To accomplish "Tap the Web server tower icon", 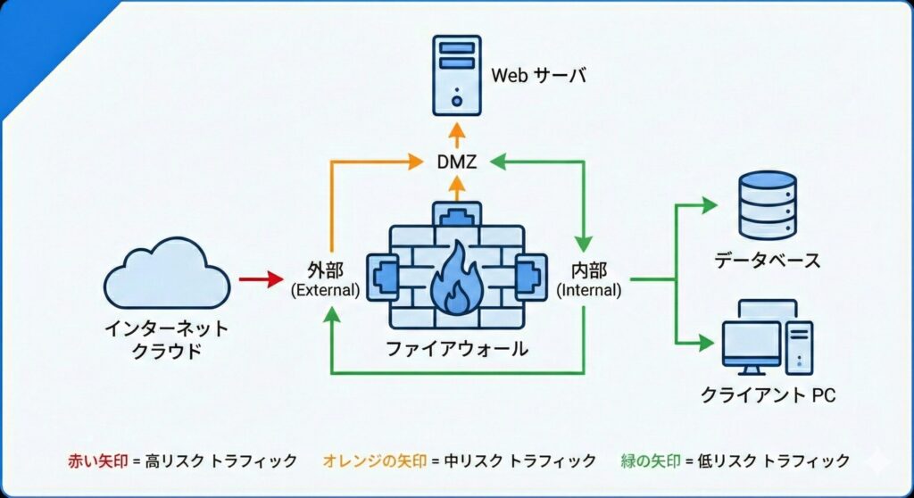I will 457,74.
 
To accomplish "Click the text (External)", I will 326,290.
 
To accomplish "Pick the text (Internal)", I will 588,290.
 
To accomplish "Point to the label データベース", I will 767,261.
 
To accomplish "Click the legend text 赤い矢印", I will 97,461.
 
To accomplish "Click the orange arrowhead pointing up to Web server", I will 457,132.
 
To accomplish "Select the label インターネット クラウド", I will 167,339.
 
